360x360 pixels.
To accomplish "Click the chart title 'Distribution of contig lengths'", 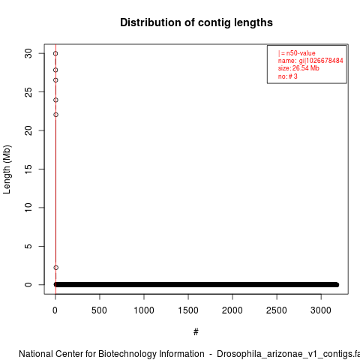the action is [196, 22].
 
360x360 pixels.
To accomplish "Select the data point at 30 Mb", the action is [55, 53].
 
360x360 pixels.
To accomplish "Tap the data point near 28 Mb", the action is [55, 70].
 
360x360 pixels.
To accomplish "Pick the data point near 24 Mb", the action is [55, 100].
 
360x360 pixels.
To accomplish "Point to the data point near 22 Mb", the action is [55, 115].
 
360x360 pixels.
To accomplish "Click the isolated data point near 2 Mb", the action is [55, 268].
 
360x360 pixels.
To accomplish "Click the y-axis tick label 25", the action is [28, 92].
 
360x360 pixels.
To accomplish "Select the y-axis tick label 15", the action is [28, 169].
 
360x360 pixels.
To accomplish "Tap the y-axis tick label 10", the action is [28, 208].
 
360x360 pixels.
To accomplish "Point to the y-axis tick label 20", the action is [28, 130].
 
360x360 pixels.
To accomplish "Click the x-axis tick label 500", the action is [99, 310].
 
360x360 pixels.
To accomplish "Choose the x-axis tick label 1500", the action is [188, 310].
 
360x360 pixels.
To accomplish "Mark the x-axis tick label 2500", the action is [277, 310].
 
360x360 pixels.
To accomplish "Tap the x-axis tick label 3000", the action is [321, 310].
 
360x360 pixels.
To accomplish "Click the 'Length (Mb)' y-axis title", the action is [7, 169].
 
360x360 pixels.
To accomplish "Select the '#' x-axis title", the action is [196, 332].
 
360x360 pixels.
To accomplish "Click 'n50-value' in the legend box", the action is [301, 53].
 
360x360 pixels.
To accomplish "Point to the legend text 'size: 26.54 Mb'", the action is [298, 68].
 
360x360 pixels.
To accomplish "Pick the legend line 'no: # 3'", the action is [288, 76].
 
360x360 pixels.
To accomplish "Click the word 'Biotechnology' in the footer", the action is [127, 354].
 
